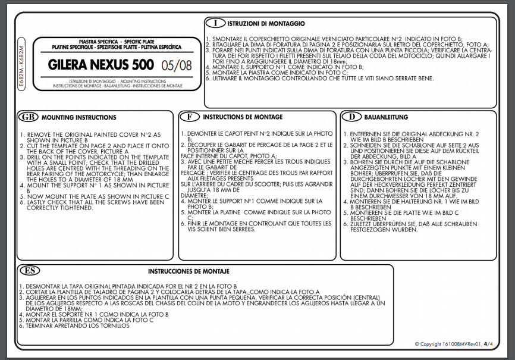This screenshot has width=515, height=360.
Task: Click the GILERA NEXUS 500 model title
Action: [101, 64]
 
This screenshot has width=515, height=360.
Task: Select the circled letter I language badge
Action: [215, 24]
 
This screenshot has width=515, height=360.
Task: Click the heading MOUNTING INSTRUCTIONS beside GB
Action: [79, 118]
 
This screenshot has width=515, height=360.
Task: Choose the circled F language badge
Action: [189, 117]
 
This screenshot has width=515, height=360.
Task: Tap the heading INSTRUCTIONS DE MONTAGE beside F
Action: [243, 117]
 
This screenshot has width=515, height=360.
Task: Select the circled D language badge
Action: [352, 117]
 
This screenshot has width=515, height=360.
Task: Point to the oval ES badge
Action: [30, 271]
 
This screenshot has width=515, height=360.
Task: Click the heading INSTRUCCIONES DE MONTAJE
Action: [189, 271]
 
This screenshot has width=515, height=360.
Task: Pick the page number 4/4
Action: [488, 344]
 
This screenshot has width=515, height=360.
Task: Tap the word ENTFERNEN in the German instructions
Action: [367, 134]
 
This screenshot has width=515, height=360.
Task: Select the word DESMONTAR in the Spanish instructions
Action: [42, 287]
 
